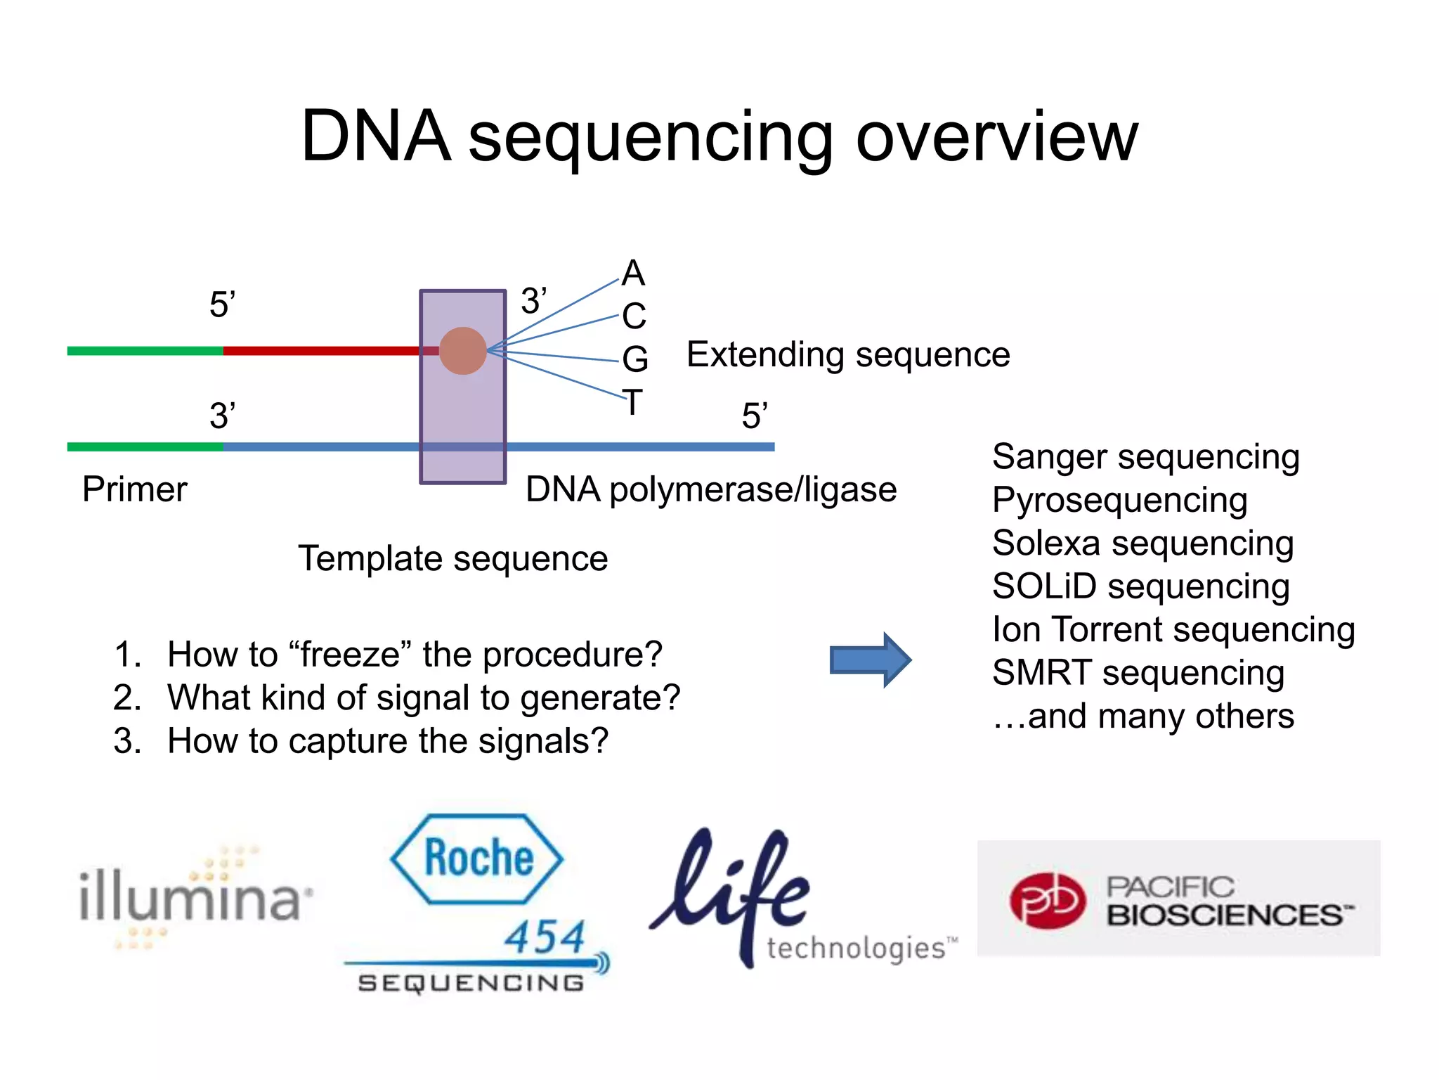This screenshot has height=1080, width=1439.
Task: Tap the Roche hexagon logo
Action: point(477,859)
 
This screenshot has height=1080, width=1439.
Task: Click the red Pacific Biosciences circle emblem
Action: point(1048,901)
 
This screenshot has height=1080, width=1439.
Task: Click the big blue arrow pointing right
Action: point(870,660)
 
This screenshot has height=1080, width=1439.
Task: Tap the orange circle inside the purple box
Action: point(462,350)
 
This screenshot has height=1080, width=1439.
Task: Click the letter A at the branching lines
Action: point(633,273)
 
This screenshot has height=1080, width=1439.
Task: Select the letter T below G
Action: point(632,402)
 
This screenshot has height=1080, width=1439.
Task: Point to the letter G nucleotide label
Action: point(634,359)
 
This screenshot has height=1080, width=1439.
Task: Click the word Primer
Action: point(134,489)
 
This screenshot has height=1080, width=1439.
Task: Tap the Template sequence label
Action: point(452,558)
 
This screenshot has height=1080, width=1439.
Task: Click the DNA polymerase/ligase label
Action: point(711,489)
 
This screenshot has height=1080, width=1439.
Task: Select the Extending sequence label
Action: point(848,354)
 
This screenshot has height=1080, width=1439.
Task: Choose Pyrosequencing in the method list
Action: point(1119,500)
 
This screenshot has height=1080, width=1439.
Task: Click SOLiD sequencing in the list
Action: point(1140,586)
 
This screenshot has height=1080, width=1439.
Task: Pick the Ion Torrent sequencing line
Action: point(1173,629)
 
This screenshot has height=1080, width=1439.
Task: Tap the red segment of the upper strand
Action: point(320,350)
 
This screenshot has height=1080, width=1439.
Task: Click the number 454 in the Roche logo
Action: point(545,937)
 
